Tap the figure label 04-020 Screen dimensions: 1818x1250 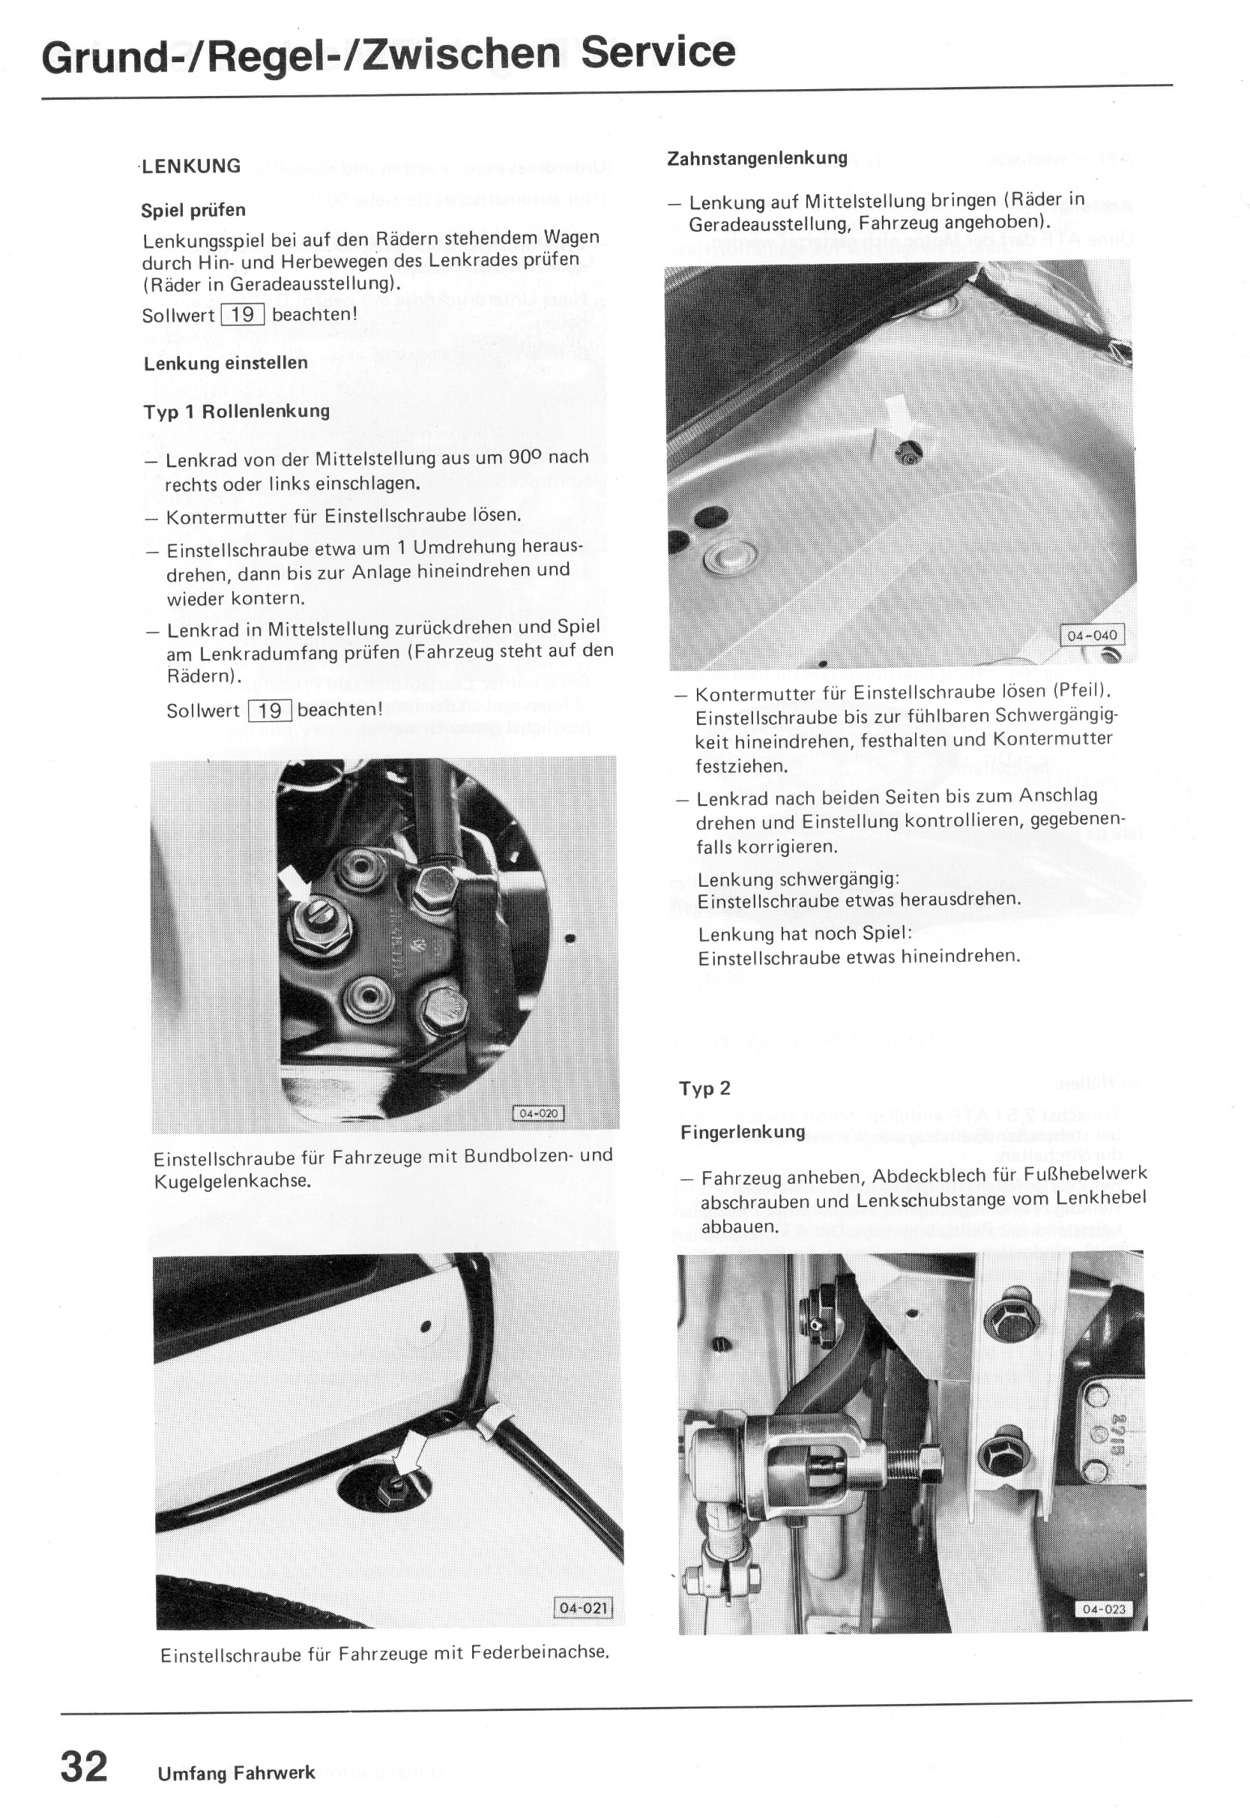538,1114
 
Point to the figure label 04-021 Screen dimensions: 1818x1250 582,1607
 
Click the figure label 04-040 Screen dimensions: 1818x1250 1092,635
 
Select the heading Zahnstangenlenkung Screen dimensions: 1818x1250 757,158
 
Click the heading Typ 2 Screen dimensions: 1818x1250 705,1088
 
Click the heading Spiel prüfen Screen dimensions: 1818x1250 193,210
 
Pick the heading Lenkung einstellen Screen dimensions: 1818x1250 226,364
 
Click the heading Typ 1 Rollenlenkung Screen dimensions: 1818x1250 237,412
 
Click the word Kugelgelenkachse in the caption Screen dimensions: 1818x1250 232,1181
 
